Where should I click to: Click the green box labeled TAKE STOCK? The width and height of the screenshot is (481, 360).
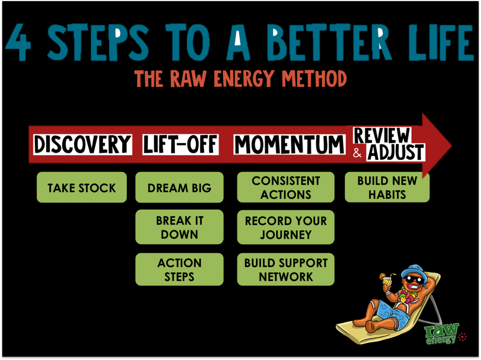tap(82, 188)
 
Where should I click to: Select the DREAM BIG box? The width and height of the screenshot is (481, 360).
tap(179, 188)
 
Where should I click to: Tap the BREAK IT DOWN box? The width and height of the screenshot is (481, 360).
tap(179, 227)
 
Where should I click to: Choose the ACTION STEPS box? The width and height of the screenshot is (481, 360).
tap(179, 269)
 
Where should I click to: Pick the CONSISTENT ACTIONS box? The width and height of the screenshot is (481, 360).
tap(286, 188)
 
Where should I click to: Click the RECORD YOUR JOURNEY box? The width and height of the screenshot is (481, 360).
tap(286, 227)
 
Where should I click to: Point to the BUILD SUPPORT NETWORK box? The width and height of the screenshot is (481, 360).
tap(286, 269)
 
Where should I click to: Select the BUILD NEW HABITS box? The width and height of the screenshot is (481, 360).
tap(387, 188)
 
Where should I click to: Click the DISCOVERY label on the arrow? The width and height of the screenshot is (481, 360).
tap(83, 144)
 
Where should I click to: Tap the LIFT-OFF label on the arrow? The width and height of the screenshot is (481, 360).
tap(181, 144)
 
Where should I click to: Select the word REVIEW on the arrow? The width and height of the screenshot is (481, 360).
tap(382, 135)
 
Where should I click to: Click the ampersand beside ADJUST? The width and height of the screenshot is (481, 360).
tap(357, 153)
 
